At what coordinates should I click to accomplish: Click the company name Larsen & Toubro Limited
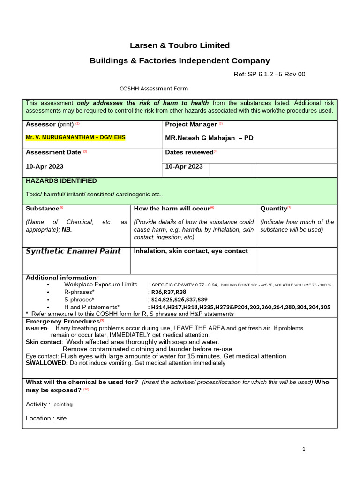pyautogui.click(x=180, y=45)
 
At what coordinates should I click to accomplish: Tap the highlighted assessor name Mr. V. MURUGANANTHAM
pyautogui.click(x=75, y=137)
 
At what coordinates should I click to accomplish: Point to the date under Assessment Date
pyautogui.click(x=45, y=166)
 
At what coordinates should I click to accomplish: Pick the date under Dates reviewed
pyautogui.click(x=184, y=166)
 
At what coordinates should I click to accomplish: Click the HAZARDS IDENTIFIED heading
pyautogui.click(x=61, y=181)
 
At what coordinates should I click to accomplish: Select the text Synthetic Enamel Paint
pyautogui.click(x=73, y=251)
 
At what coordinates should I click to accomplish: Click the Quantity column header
pyautogui.click(x=274, y=208)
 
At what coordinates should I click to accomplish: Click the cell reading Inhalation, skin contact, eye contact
pyautogui.click(x=191, y=251)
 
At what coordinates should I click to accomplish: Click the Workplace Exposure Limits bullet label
pyautogui.click(x=101, y=285)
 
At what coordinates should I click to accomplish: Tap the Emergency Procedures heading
pyautogui.click(x=62, y=322)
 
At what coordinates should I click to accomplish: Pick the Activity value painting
pyautogui.click(x=63, y=405)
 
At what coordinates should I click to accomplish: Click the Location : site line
pyautogui.click(x=46, y=418)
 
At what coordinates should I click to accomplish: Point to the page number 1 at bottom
pyautogui.click(x=304, y=449)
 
